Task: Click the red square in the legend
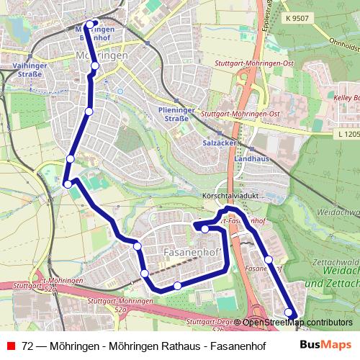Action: tap(10, 345)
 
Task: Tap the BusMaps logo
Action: tap(327, 344)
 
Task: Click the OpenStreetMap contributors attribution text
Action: tap(297, 323)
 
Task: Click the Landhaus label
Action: tap(252, 157)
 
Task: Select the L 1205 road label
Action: tap(346, 133)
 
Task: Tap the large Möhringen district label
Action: tap(101, 55)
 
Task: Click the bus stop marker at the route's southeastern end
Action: tap(289, 312)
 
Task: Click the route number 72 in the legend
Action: tap(27, 345)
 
